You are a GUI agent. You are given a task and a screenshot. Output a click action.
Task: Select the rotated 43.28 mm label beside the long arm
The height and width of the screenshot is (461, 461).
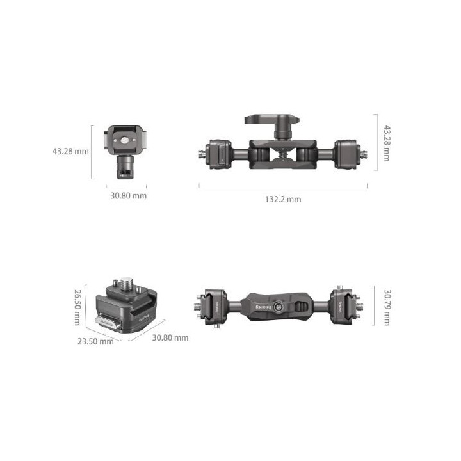pos(387,144)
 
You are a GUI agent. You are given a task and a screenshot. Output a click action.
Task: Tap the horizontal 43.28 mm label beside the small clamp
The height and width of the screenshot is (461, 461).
pos(71,152)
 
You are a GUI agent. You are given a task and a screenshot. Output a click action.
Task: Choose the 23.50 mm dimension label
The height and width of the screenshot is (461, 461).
pos(95,341)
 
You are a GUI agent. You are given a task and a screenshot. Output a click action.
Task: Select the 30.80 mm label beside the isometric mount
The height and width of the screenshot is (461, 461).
pos(170,337)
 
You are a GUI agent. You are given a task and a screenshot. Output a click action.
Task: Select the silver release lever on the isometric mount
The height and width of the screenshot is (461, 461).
pos(106,321)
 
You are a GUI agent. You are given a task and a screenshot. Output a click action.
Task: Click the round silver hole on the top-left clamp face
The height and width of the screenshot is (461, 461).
pos(125,136)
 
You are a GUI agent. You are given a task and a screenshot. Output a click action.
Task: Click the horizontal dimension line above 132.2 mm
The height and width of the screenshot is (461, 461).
pos(283,187)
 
